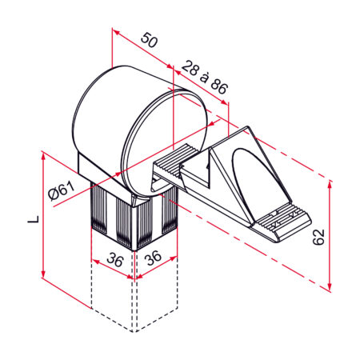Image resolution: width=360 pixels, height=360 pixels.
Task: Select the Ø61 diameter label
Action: pyautogui.click(x=61, y=191)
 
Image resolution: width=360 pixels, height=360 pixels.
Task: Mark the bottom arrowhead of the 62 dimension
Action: pyautogui.click(x=330, y=286)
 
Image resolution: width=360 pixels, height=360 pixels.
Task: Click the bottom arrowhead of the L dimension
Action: pyautogui.click(x=41, y=277)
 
